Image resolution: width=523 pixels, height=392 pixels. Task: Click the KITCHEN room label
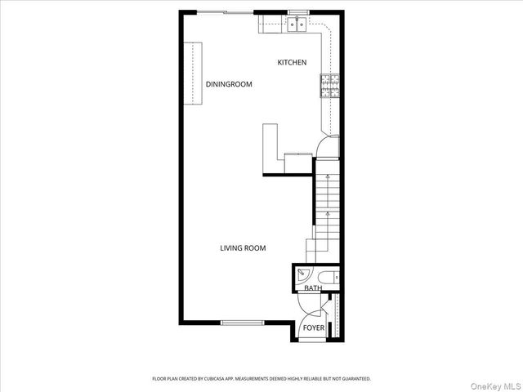(292, 63)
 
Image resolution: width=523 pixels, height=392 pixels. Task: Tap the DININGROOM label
(228, 84)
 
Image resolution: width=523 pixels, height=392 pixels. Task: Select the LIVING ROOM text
(243, 248)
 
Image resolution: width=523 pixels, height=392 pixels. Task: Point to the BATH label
(312, 288)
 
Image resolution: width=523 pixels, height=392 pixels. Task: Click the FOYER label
(313, 328)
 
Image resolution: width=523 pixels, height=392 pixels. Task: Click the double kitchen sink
(297, 25)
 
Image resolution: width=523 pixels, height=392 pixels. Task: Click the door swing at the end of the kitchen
(326, 146)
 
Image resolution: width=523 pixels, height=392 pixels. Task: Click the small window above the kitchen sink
(296, 12)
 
